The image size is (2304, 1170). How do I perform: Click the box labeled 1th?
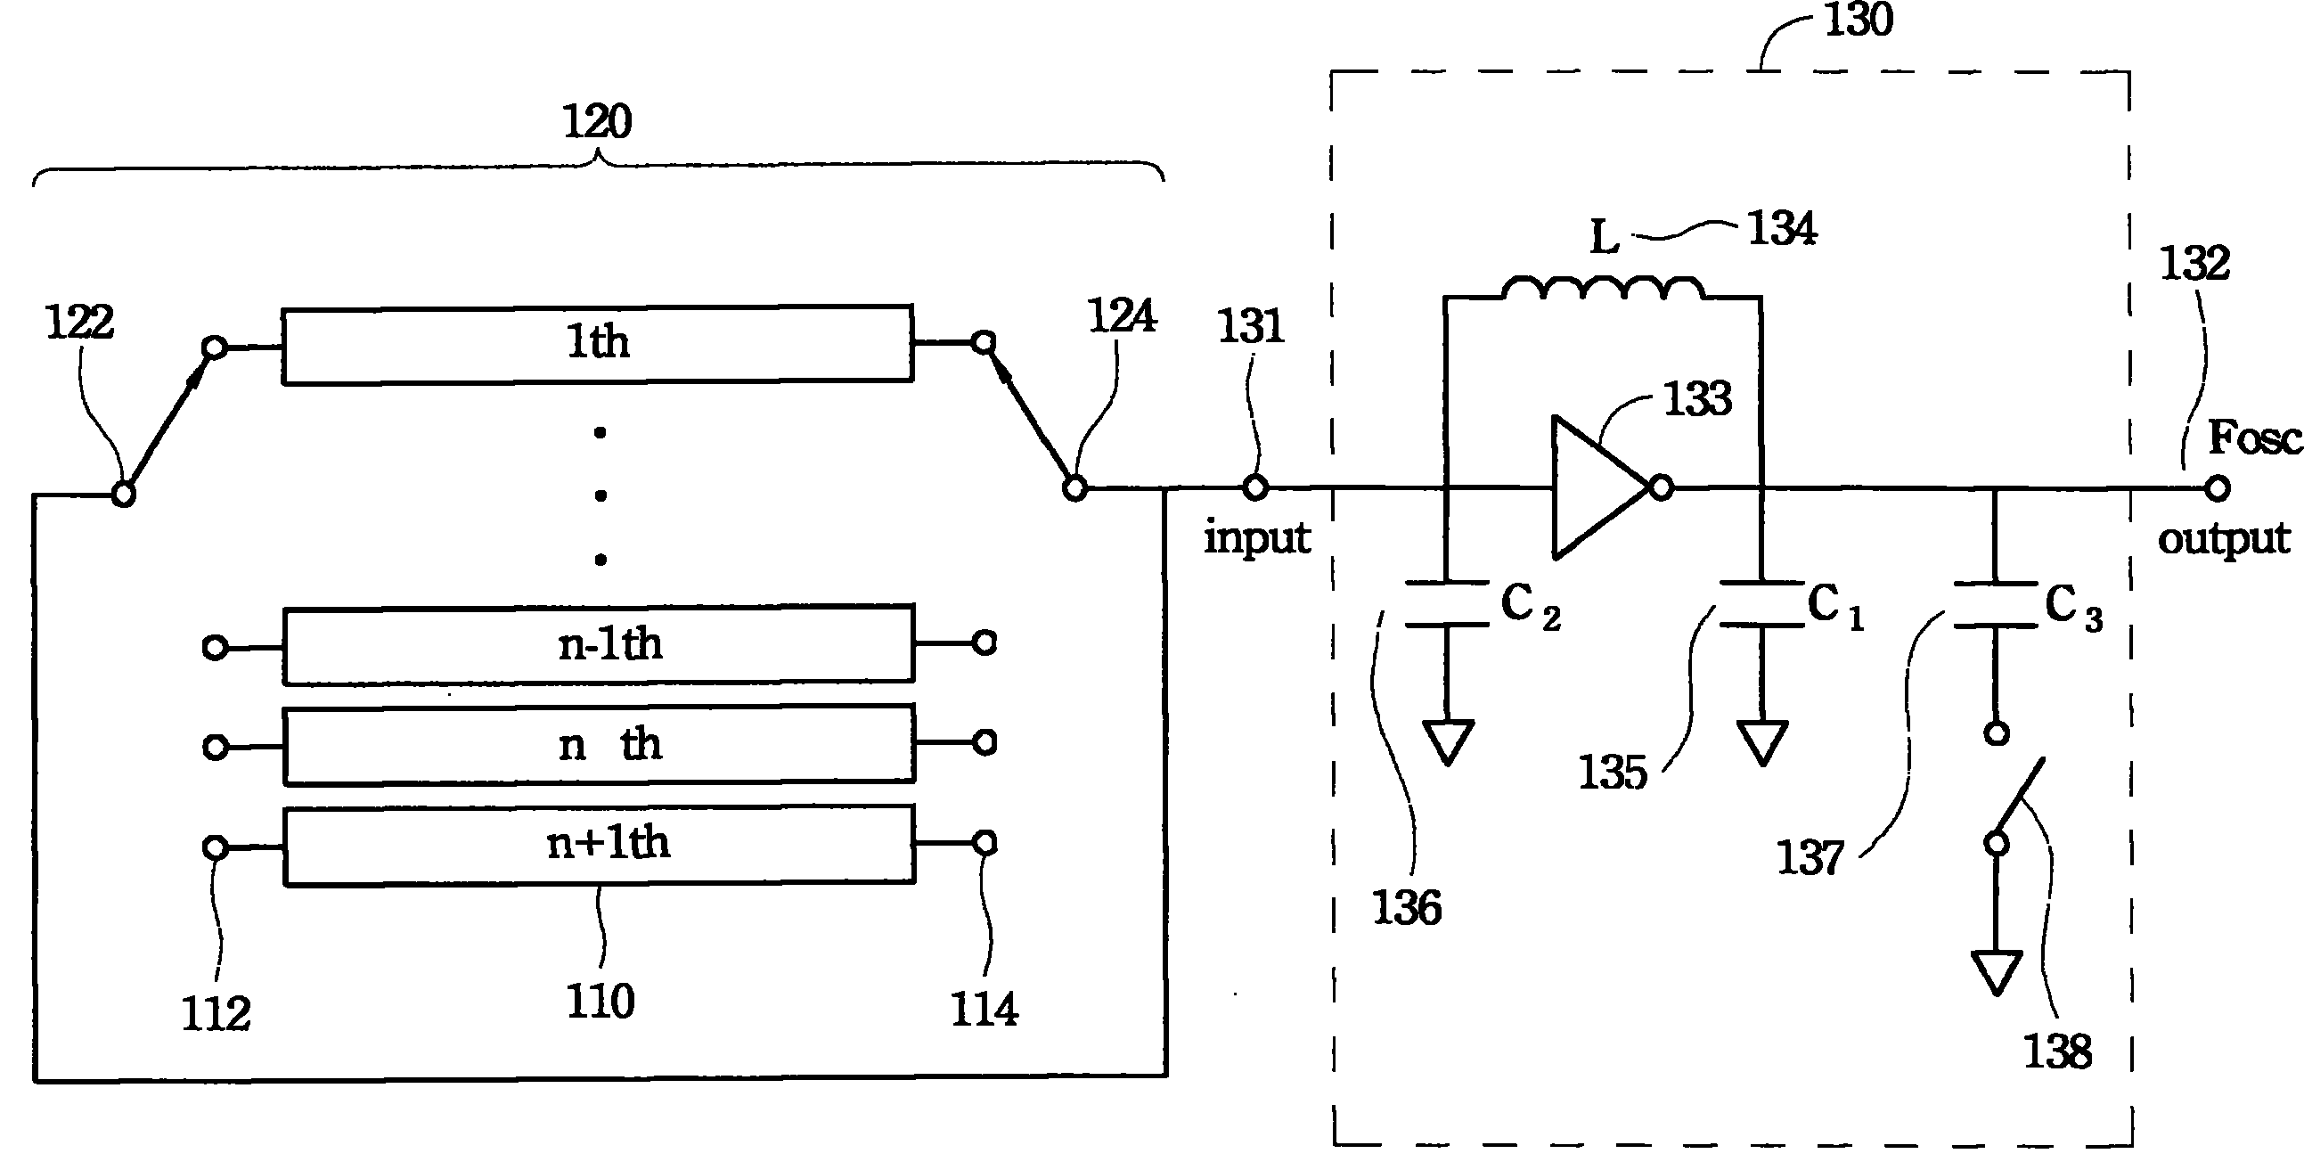pyautogui.click(x=598, y=344)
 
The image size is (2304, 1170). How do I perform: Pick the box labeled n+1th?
pyautogui.click(x=600, y=846)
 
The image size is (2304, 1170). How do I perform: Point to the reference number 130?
pyautogui.click(x=1859, y=20)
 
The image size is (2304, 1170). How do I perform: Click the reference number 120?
pyautogui.click(x=597, y=121)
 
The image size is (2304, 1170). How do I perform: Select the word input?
pyautogui.click(x=1256, y=538)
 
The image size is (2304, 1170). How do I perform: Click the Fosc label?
pyautogui.click(x=2255, y=438)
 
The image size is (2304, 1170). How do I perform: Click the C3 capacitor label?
pyautogui.click(x=2073, y=607)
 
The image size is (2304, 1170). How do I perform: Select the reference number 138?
pyautogui.click(x=2057, y=1051)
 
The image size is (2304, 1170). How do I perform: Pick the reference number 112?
pyautogui.click(x=216, y=1013)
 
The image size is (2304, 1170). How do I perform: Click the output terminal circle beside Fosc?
pyautogui.click(x=2217, y=488)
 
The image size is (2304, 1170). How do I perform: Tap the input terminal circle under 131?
pyautogui.click(x=1255, y=487)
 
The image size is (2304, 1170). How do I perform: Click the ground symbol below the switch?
pyautogui.click(x=1998, y=973)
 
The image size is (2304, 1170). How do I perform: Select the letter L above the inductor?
pyautogui.click(x=1605, y=237)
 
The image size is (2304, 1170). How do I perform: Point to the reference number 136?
pyautogui.click(x=1407, y=908)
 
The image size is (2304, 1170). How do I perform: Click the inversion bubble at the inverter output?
pyautogui.click(x=1662, y=487)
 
